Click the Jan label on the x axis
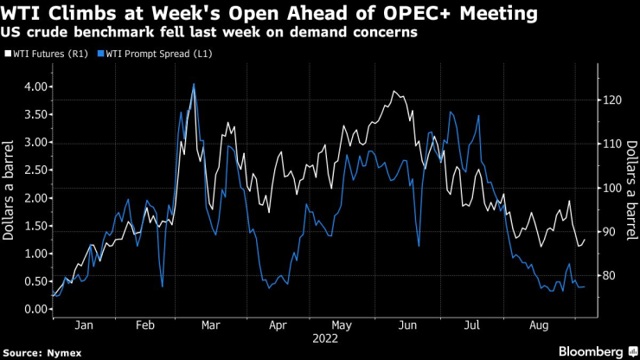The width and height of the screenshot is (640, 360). [83, 326]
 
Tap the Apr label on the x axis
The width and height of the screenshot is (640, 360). [278, 326]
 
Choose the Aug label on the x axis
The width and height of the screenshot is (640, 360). [538, 326]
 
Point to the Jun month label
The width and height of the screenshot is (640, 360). [409, 326]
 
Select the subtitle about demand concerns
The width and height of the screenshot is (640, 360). [213, 32]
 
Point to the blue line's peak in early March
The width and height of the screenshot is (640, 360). [193, 84]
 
